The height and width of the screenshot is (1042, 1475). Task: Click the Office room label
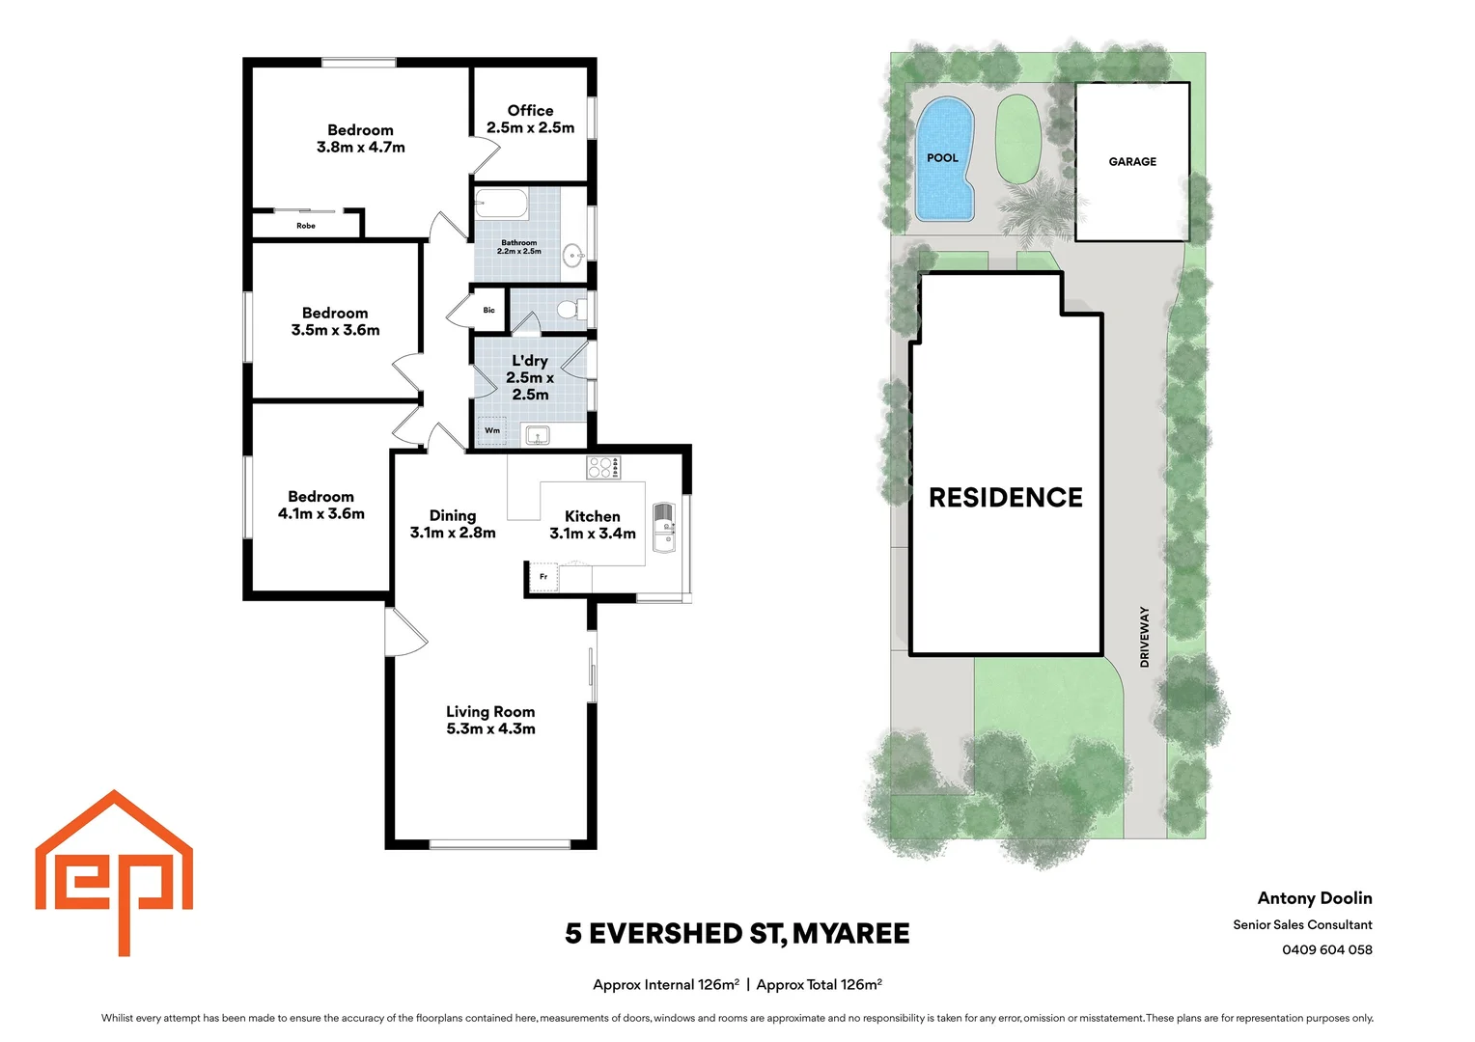pyautogui.click(x=530, y=111)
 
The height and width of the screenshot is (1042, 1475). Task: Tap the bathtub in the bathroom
pyautogui.click(x=500, y=205)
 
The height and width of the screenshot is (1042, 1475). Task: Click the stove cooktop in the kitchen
pyautogui.click(x=603, y=468)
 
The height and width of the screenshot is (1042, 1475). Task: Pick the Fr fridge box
pyautogui.click(x=543, y=577)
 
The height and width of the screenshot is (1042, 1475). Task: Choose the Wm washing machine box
pyautogui.click(x=492, y=430)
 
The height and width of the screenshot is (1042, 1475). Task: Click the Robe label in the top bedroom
pyautogui.click(x=306, y=226)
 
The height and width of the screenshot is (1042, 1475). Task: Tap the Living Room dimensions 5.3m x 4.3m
pyautogui.click(x=490, y=729)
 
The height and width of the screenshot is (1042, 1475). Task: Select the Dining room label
pyautogui.click(x=453, y=516)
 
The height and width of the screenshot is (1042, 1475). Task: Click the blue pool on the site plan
pyautogui.click(x=944, y=159)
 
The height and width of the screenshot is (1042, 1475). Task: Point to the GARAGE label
pyautogui.click(x=1132, y=162)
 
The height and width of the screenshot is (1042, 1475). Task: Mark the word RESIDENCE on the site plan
pyautogui.click(x=1006, y=498)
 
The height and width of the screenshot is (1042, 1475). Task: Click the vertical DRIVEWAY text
pyautogui.click(x=1145, y=637)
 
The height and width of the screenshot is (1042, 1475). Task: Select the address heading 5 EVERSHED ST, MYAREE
pyautogui.click(x=737, y=934)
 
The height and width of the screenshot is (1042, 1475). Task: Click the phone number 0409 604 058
pyautogui.click(x=1326, y=949)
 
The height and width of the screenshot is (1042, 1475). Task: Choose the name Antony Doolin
pyautogui.click(x=1314, y=898)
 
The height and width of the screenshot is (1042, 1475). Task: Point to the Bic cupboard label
pyautogui.click(x=489, y=311)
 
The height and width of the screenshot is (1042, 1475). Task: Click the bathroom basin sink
pyautogui.click(x=574, y=257)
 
